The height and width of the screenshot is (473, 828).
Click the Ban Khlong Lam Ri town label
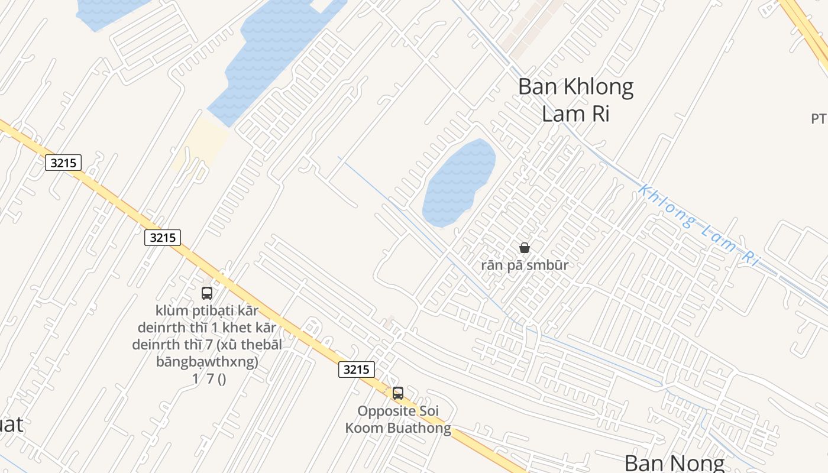575,100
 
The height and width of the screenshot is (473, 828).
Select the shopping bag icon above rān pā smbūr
524,248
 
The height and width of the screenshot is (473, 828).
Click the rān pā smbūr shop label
524,265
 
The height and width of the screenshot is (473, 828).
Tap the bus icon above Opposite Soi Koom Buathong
398,393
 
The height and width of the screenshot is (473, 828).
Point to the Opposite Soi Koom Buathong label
398,419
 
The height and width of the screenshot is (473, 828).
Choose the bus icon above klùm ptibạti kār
207,293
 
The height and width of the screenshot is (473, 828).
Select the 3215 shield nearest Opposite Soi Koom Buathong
357,370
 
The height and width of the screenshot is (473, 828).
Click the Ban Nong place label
674,462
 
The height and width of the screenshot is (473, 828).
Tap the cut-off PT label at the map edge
819,119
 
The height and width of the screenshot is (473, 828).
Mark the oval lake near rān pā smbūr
459,182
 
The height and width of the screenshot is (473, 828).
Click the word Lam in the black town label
559,114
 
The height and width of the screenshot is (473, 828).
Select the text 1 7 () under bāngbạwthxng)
209,379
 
